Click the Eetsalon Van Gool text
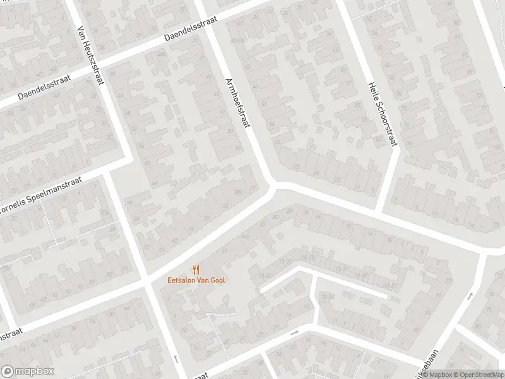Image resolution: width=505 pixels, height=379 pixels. click(196, 280)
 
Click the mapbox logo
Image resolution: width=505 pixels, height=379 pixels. click(28, 371)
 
